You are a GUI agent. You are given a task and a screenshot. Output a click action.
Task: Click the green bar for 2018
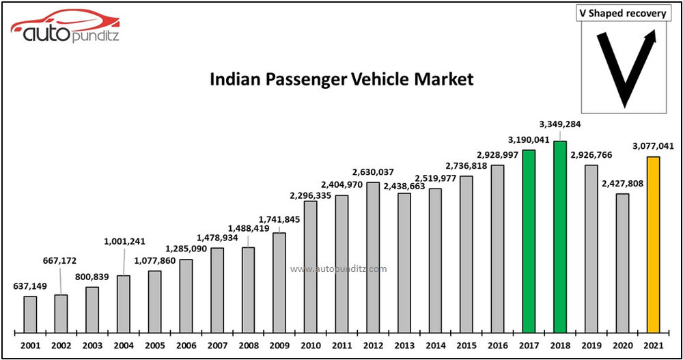coord(560,236)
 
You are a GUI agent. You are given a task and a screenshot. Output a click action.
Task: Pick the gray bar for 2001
coord(30,314)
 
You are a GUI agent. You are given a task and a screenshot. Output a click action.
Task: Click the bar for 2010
coord(311,266)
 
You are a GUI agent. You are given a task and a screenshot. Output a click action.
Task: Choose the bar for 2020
coord(622,262)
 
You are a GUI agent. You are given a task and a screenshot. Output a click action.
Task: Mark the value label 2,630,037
coord(372,171)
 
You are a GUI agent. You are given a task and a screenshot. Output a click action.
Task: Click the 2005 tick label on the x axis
coord(154,346)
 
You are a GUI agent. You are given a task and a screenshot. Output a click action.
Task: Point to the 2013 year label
coord(404,346)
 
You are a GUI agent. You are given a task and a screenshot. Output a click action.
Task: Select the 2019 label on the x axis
coord(591,346)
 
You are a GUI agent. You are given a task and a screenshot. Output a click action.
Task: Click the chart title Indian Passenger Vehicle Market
coord(341,79)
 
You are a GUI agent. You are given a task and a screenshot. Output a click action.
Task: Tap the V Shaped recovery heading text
coord(624,14)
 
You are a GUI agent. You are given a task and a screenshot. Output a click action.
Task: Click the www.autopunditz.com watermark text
coord(338,269)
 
